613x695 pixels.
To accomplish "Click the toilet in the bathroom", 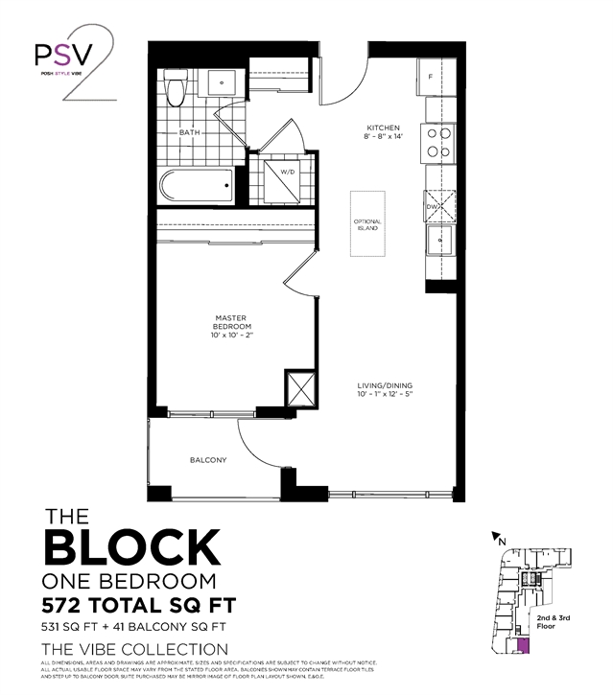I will [x=175, y=89].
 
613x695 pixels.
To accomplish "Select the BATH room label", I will [x=189, y=133].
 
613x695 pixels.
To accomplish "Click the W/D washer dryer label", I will [x=287, y=172].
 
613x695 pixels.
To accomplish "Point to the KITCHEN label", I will [x=383, y=128].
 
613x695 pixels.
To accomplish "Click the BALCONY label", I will [x=208, y=460].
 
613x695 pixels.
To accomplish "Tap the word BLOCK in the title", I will [x=131, y=547].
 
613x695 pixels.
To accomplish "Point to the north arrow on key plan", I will [x=496, y=538].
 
